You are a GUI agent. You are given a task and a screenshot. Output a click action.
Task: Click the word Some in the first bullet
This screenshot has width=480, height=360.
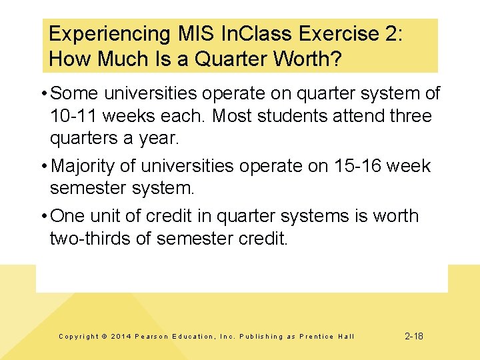(x=73, y=94)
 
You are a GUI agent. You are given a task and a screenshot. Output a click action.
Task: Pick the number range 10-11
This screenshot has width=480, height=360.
(x=73, y=117)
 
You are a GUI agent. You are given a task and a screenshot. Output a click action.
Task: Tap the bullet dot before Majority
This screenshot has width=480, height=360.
(x=43, y=165)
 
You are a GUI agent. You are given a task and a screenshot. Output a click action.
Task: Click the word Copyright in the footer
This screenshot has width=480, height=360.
(x=79, y=337)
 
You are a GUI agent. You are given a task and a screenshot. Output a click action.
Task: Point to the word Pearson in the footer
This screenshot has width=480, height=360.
(x=153, y=337)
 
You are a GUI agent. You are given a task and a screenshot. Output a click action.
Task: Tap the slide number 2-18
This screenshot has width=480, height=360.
(x=414, y=336)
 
